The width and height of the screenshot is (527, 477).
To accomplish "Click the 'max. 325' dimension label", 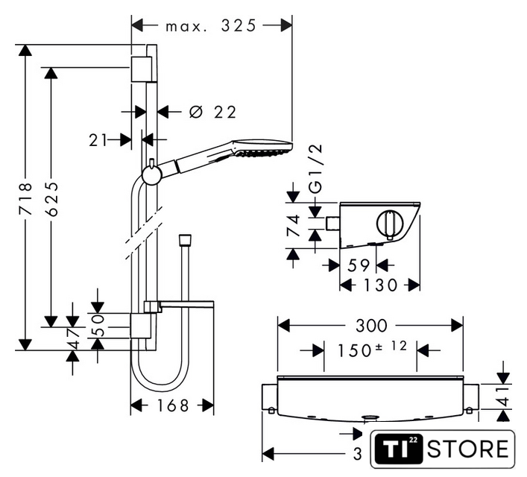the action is click(211, 25).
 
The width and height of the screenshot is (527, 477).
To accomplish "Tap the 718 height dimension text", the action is click(25, 199).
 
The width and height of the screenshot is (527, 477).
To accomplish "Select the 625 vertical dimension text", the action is click(51, 199).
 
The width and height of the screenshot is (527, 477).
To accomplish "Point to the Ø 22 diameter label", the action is click(212, 112).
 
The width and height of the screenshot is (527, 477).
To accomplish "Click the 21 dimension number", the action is click(98, 140).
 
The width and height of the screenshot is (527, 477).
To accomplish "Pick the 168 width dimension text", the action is click(172, 405).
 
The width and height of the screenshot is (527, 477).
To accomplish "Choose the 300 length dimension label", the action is click(371, 326).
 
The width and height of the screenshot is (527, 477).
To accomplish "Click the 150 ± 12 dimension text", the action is click(372, 349).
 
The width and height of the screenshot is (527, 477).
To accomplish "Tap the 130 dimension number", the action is click(381, 285).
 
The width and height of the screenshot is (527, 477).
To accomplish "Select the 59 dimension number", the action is click(359, 265).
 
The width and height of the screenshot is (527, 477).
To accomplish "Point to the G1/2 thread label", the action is click(315, 169).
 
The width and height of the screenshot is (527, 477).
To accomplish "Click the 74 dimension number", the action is click(293, 226).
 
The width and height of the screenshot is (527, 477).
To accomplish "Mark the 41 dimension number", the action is click(503, 397).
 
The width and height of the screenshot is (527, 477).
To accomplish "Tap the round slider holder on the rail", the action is click(152, 175).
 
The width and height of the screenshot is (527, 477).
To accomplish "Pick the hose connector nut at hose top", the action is click(185, 240).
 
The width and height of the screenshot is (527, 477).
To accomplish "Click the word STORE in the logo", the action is click(468, 449).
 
